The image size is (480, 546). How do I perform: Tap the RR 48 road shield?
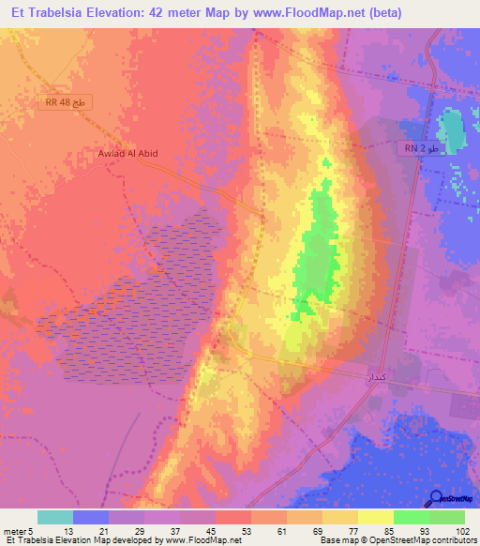(67, 103)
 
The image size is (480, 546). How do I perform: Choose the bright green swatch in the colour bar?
(411, 517)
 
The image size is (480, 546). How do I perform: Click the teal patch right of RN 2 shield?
(452, 132)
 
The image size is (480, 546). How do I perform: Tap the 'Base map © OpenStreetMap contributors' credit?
(398, 541)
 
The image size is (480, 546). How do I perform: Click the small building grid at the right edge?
(464, 405)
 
